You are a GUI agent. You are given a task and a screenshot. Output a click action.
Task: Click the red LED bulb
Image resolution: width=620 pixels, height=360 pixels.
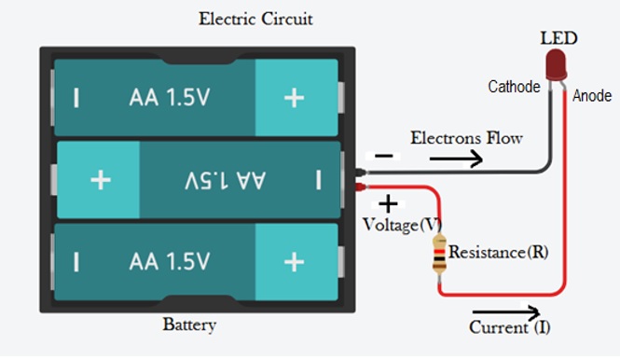(556, 65)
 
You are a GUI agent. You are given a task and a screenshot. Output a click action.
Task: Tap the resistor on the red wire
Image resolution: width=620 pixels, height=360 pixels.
(439, 254)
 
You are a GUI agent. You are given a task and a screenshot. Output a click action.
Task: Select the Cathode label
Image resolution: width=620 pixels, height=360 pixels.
(514, 87)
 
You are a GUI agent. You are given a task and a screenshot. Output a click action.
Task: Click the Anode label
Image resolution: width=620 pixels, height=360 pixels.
(592, 96)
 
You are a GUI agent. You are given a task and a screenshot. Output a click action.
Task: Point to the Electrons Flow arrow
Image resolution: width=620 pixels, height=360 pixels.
(456, 159)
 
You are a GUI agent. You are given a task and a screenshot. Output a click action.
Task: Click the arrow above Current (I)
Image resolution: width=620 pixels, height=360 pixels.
(506, 312)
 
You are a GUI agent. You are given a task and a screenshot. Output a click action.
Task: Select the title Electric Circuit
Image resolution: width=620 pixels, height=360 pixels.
(255, 19)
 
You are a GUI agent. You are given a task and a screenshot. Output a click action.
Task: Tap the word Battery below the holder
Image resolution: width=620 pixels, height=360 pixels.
(189, 325)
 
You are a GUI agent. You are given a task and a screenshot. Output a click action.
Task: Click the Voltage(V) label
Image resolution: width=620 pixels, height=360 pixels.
(402, 225)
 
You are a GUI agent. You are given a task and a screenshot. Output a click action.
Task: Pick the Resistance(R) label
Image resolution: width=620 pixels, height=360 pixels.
(498, 253)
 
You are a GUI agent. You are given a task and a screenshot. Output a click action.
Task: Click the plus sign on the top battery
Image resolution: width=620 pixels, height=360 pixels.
(295, 98)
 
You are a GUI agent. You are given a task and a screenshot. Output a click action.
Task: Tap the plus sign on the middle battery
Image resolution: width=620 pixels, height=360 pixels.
(101, 180)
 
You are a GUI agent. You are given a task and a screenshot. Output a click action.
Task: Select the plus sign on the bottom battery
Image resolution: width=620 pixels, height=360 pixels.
(295, 262)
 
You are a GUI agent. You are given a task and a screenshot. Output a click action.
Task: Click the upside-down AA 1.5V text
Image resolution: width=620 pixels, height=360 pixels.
(225, 180)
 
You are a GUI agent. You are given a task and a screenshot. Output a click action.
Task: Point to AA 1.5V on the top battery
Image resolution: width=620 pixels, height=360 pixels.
(170, 97)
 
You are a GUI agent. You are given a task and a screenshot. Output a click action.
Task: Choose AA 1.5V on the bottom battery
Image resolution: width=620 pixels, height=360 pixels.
(170, 261)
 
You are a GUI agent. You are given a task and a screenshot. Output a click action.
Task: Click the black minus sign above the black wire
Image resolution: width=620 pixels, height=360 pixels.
(383, 156)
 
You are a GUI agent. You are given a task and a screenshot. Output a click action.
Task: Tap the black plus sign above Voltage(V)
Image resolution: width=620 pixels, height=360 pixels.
(388, 203)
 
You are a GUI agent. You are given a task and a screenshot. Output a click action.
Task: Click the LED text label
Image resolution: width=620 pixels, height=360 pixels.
(558, 38)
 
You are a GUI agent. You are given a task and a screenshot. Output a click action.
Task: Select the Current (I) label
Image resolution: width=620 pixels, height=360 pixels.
(510, 327)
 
